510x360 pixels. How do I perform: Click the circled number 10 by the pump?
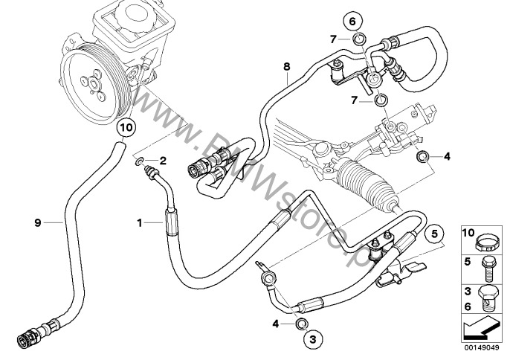point(126,126)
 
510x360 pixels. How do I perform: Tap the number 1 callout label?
point(139,222)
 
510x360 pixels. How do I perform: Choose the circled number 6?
point(354,20)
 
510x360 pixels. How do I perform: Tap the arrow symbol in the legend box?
point(479,325)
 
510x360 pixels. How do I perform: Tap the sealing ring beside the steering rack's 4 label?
point(422,156)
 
